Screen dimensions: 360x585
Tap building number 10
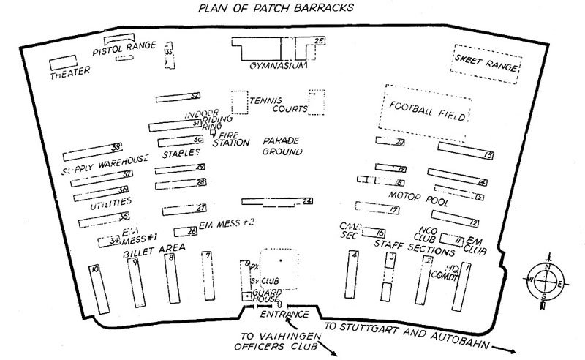coord(94,287)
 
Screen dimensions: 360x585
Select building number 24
coord(278,201)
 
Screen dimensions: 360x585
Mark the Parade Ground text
coord(282,146)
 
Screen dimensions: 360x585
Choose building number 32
coord(178,97)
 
